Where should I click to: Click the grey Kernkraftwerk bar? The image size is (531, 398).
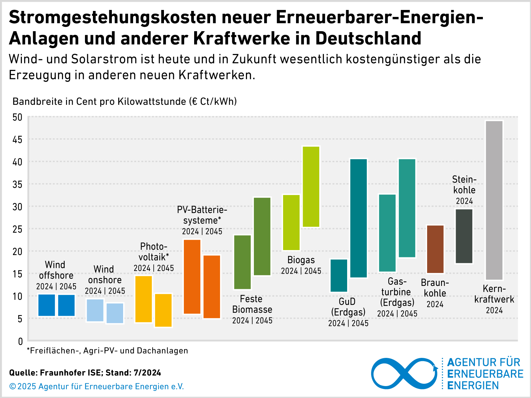click(x=494, y=200)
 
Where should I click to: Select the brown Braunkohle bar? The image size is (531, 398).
click(x=435, y=249)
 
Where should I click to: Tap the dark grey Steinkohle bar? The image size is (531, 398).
click(x=464, y=236)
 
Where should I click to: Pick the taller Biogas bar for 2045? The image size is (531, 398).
click(x=311, y=187)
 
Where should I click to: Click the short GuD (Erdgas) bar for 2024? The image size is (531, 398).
click(x=339, y=276)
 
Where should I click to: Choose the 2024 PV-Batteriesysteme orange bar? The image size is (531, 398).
click(x=192, y=277)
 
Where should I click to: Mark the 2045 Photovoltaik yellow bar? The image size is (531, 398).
click(x=163, y=310)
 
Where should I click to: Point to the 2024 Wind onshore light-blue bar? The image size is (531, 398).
click(x=95, y=310)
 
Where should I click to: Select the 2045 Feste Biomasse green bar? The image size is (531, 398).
click(x=262, y=236)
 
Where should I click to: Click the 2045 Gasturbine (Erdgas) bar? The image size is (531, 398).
click(x=407, y=208)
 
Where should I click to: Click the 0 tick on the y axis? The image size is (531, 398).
click(x=20, y=341)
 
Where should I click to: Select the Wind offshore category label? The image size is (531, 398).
click(x=56, y=270)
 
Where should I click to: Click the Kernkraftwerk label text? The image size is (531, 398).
click(x=494, y=294)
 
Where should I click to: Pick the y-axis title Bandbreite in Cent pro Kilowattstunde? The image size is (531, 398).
click(x=124, y=101)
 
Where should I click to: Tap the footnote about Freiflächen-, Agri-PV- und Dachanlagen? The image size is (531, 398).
click(x=108, y=351)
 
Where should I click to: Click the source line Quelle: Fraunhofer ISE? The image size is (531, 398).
click(x=85, y=373)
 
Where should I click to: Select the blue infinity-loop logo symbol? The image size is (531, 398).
click(x=404, y=373)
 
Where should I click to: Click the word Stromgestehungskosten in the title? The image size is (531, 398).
click(x=113, y=17)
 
